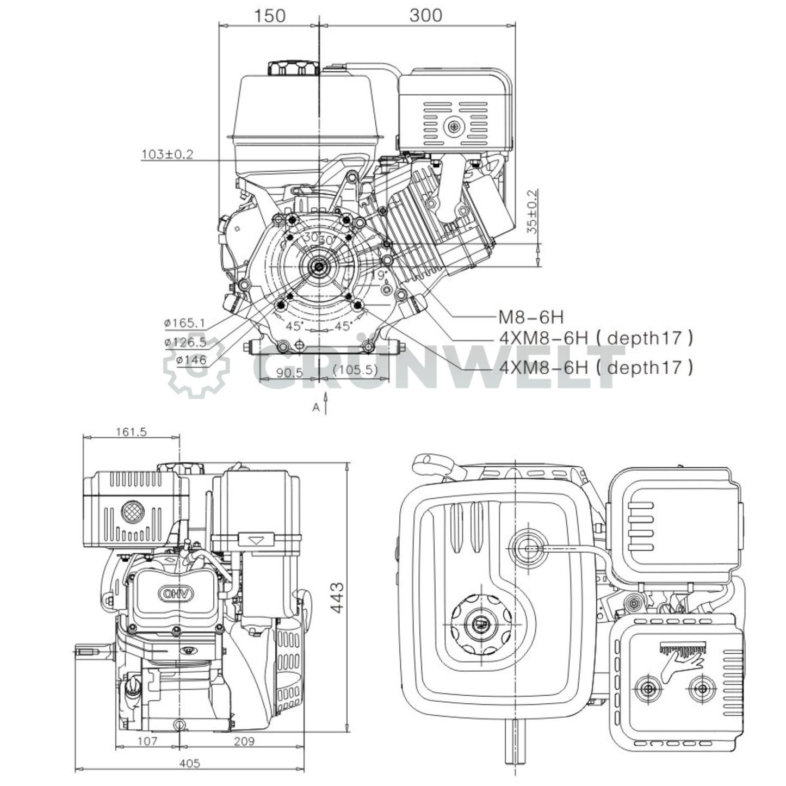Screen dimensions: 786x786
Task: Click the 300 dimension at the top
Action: pyautogui.click(x=425, y=15)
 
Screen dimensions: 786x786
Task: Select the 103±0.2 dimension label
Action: pyautogui.click(x=168, y=154)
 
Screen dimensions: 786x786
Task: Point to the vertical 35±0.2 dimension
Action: pyautogui.click(x=533, y=212)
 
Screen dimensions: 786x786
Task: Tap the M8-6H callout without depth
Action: pyautogui.click(x=531, y=317)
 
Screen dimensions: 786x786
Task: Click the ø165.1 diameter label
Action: pyautogui.click(x=185, y=324)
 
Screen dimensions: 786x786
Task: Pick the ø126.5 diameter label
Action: pyautogui.click(x=185, y=342)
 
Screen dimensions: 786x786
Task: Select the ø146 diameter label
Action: pyautogui.click(x=185, y=360)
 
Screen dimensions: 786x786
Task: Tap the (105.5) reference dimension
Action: pyautogui.click(x=355, y=370)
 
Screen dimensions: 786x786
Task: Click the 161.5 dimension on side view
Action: pyautogui.click(x=131, y=432)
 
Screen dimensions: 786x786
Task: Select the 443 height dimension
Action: pyautogui.click(x=338, y=598)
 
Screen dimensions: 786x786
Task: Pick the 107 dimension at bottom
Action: pyautogui.click(x=147, y=741)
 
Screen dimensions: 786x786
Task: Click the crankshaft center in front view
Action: pyautogui.click(x=317, y=267)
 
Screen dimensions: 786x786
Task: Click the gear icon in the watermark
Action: pyautogui.click(x=196, y=366)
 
